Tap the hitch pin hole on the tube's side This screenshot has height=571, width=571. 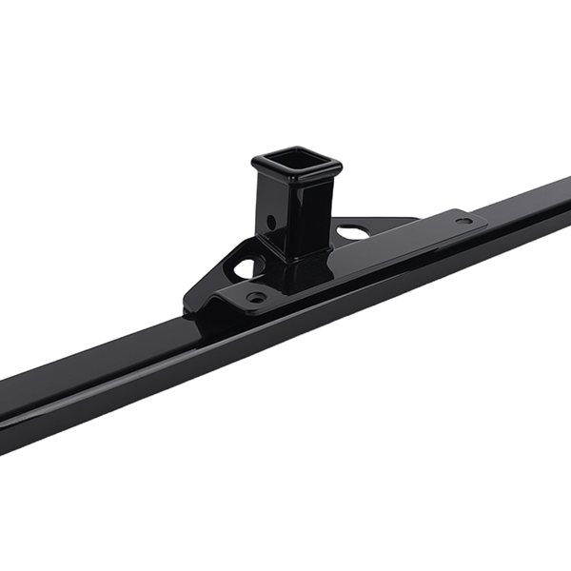pyautogui.click(x=271, y=222)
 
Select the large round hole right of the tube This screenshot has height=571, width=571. pyautogui.click(x=349, y=230)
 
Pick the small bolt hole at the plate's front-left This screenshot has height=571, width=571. pyautogui.click(x=255, y=297)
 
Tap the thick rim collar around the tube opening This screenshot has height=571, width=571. pyautogui.click(x=320, y=181)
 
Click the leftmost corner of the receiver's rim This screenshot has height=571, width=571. pyautogui.click(x=254, y=164)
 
